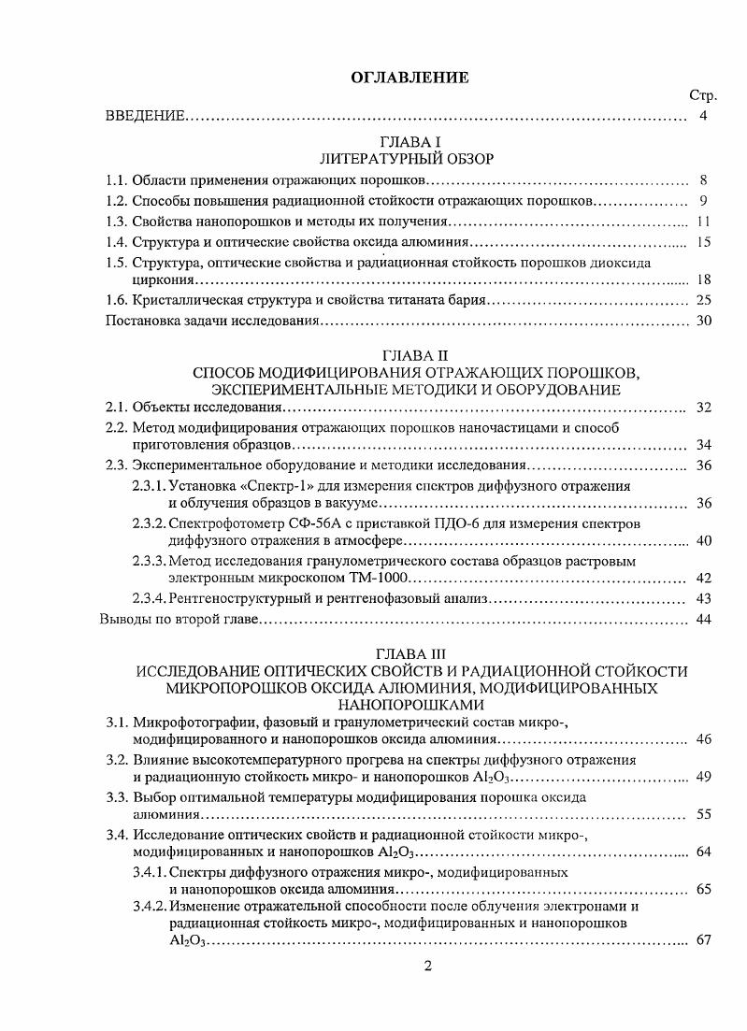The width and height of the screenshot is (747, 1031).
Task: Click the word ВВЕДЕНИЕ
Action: [144, 116]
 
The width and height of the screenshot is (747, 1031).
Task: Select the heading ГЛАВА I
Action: [405, 141]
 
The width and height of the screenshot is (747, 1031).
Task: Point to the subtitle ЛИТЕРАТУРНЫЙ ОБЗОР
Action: [405, 158]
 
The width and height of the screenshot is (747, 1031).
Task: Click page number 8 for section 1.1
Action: [702, 180]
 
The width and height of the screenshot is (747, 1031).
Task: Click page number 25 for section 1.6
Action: [704, 300]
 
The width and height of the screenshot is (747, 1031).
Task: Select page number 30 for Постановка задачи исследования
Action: [704, 321]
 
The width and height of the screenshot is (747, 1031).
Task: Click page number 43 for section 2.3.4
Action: [704, 599]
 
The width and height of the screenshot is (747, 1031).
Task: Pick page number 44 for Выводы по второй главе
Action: [704, 620]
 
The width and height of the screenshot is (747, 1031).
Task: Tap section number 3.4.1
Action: [149, 872]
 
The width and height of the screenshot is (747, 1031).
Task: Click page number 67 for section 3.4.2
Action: [704, 940]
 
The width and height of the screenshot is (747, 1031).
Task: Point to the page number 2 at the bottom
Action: [427, 967]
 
